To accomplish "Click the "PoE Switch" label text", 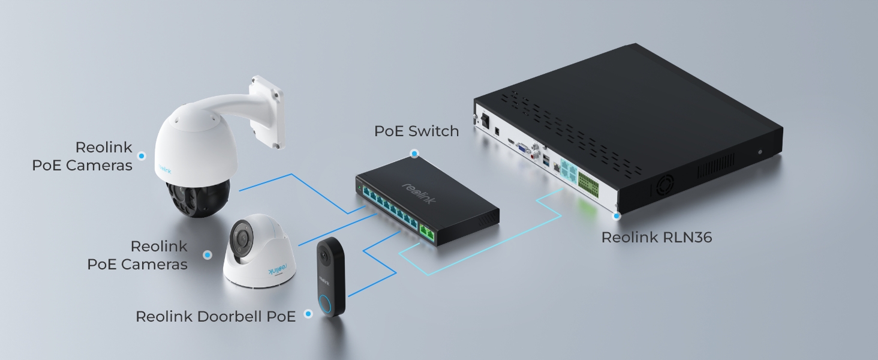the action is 416,131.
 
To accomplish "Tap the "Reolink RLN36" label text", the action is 656,238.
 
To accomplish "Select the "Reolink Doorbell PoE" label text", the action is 215,316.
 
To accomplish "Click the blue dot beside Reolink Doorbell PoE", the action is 308,314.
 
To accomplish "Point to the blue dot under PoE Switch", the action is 414,154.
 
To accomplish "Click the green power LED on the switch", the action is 359,189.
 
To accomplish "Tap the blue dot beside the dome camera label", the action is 208,255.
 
